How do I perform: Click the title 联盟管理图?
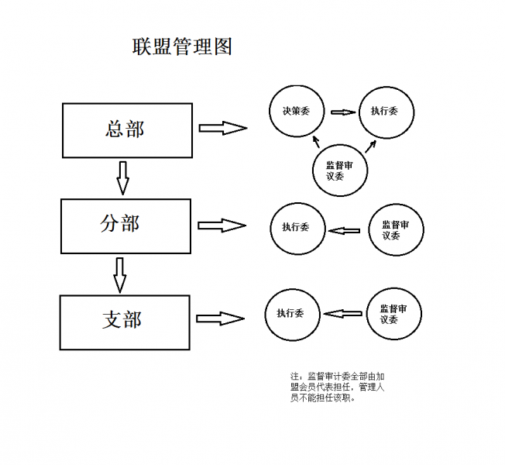(181, 47)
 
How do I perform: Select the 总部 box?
(125, 129)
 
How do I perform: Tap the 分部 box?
(125, 226)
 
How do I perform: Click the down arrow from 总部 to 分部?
(122, 177)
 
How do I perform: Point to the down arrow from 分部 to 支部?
(119, 274)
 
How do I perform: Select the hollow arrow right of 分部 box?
(222, 226)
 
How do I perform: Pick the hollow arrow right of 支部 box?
(220, 318)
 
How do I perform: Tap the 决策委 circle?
(295, 112)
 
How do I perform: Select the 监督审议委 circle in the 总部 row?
(340, 170)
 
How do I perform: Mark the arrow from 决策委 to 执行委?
(341, 112)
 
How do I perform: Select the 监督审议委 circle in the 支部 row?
(393, 314)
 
